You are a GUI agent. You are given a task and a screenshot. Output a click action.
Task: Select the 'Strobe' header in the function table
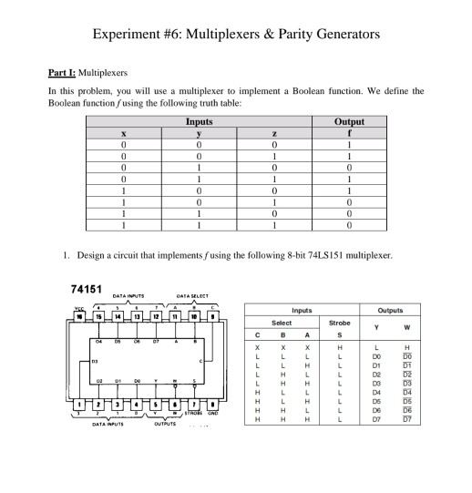click(339, 322)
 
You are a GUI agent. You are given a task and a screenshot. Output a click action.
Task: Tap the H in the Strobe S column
click(339, 348)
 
